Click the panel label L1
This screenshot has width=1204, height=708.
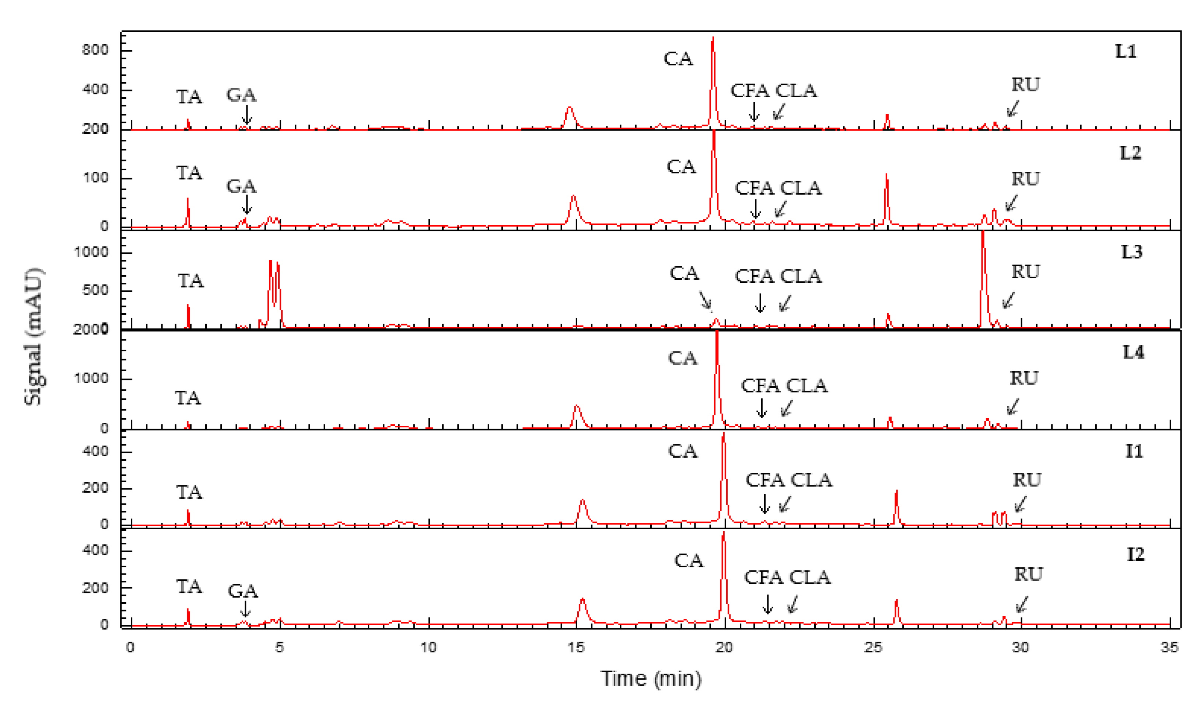click(1125, 51)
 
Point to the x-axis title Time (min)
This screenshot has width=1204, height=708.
click(651, 679)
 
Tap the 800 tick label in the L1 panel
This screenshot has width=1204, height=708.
click(95, 50)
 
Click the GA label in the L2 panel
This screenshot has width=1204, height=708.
click(241, 186)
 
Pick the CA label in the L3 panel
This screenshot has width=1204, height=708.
click(684, 273)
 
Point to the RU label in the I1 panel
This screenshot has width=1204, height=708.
click(1027, 479)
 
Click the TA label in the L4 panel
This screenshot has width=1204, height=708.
click(188, 398)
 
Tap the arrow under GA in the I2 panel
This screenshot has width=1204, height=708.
click(245, 608)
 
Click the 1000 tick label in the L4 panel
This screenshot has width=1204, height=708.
click(91, 378)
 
